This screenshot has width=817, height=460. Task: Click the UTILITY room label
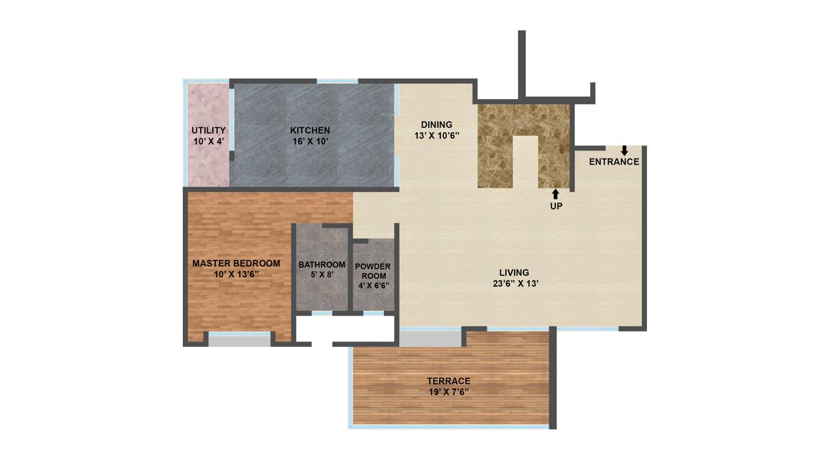[x=209, y=130]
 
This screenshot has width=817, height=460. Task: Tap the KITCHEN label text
[x=310, y=130]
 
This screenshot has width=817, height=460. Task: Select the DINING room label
[x=436, y=125]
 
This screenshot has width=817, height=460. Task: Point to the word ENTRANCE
[x=614, y=162]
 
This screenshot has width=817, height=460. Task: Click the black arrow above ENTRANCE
[x=624, y=150]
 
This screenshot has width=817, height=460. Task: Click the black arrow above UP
[x=555, y=195]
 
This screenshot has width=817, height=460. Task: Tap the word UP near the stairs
[x=556, y=206]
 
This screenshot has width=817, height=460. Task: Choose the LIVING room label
[x=514, y=273]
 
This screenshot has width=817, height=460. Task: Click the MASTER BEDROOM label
[x=236, y=264]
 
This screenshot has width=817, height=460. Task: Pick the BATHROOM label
[x=322, y=265]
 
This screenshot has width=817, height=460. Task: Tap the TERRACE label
[x=449, y=381]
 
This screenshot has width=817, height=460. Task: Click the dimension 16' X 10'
[x=310, y=141]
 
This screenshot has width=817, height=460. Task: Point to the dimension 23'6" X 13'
[x=515, y=284]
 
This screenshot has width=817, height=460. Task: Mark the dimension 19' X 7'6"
[x=449, y=391]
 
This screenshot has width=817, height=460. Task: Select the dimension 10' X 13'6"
[x=236, y=275]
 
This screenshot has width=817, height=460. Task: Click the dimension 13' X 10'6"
[x=436, y=136]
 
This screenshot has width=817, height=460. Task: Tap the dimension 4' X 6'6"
[x=373, y=285]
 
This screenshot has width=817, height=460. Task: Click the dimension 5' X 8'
[x=322, y=275]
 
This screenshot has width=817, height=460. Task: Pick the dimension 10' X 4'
[x=209, y=141]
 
